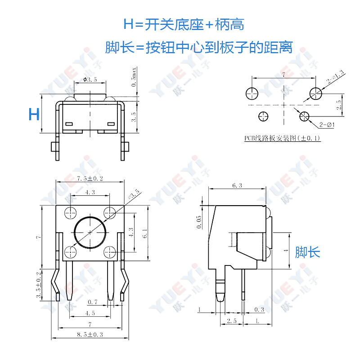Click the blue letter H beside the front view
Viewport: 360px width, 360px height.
click(x=34, y=114)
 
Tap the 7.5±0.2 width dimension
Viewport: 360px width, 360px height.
click(x=90, y=179)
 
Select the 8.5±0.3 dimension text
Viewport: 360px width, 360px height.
click(x=90, y=334)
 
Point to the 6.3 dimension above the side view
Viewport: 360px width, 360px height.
click(x=237, y=185)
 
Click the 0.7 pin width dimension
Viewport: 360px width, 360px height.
click(x=93, y=301)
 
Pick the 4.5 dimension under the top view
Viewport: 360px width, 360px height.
click(x=90, y=313)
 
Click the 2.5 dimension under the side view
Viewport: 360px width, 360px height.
click(x=232, y=320)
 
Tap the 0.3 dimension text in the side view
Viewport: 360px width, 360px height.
click(x=259, y=310)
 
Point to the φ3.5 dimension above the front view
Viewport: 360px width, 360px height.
click(x=90, y=80)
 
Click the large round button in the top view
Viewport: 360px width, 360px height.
click(x=90, y=232)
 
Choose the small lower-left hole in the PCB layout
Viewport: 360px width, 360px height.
click(x=263, y=117)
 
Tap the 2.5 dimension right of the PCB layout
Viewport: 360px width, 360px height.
click(x=339, y=105)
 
